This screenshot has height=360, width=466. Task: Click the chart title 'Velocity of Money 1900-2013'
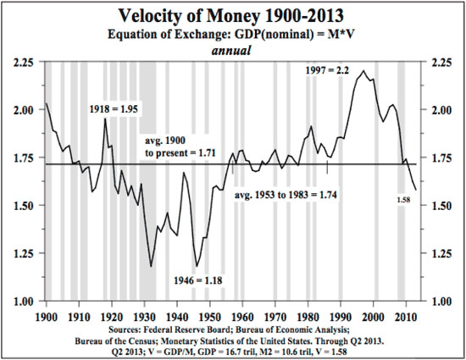(232, 17)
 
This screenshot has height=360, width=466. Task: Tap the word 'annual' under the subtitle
(232, 51)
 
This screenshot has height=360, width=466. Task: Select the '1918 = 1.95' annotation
(119, 109)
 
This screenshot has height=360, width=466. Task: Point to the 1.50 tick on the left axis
(19, 206)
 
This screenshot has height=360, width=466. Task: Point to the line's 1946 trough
(197, 266)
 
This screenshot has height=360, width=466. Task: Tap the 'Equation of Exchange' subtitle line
(232, 36)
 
